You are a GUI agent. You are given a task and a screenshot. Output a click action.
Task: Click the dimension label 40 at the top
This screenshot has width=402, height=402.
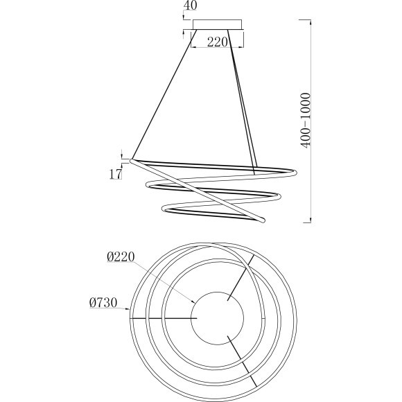(x=191, y=6)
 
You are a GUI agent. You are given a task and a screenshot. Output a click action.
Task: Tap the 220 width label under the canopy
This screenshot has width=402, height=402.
(x=218, y=42)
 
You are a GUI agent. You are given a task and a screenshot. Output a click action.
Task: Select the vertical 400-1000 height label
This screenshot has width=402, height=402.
(x=306, y=121)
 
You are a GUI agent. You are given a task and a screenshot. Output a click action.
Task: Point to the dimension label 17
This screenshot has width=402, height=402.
(x=115, y=175)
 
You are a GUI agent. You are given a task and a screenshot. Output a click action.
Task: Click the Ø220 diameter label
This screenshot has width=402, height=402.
(x=121, y=257)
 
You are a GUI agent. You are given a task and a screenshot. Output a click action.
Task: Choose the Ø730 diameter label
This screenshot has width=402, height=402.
(x=103, y=303)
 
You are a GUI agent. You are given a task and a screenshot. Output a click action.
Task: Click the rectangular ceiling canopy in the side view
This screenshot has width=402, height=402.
(x=217, y=24)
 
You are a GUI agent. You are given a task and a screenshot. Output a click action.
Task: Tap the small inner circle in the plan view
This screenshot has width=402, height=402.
(x=218, y=318)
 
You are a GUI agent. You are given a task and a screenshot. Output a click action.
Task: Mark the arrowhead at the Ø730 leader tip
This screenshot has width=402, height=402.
(x=128, y=309)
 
